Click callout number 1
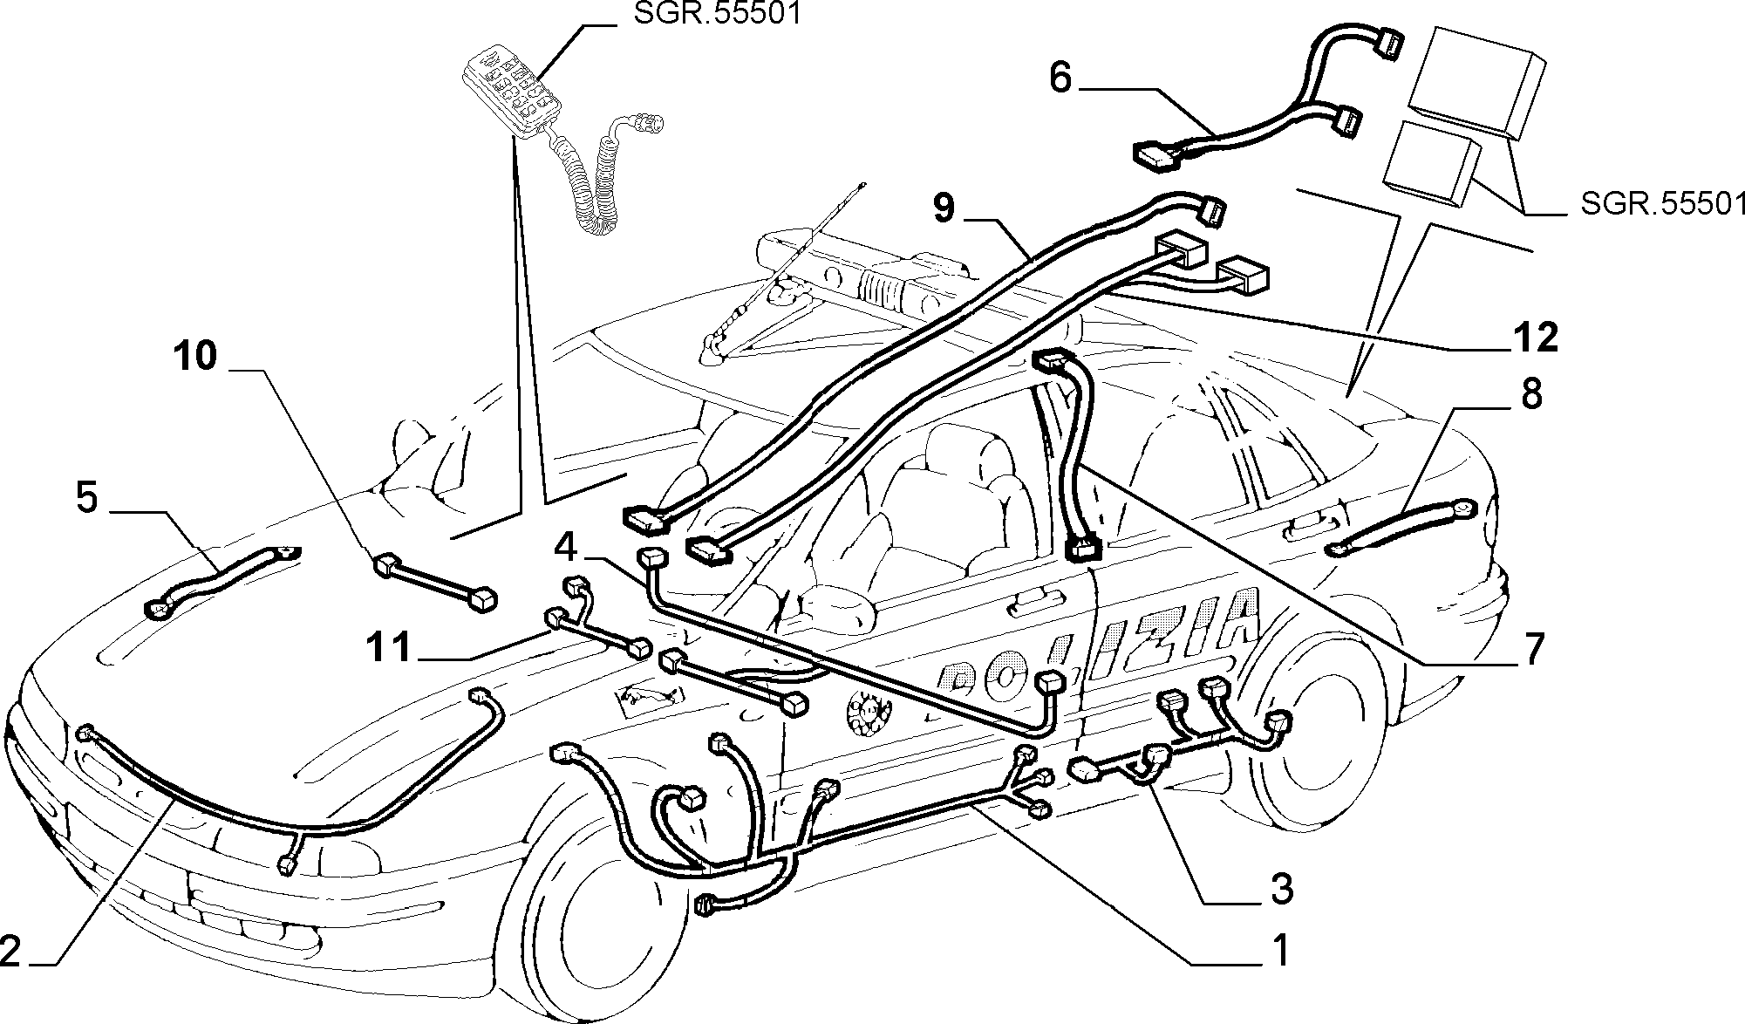1278,950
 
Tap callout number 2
10,951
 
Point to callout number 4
565,549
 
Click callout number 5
87,498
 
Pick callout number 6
1060,79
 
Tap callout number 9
944,209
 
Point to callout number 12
1536,337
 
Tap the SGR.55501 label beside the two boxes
1662,204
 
